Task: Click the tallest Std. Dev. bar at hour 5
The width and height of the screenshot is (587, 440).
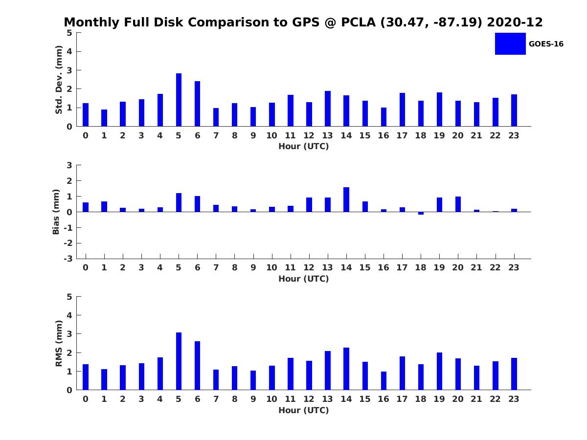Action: tap(179, 100)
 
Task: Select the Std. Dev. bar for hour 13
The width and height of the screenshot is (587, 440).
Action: tap(328, 109)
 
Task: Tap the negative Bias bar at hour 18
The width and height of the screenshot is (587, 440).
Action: tap(421, 213)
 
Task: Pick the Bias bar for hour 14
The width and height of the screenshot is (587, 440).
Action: tap(346, 199)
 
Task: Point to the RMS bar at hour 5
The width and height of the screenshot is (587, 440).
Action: tap(179, 361)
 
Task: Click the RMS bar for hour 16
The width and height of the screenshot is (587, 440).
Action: tap(384, 381)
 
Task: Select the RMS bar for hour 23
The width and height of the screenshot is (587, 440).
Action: tap(514, 374)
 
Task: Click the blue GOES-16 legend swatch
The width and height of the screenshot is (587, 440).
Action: tap(510, 44)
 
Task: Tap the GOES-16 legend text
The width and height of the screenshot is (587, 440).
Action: tap(546, 44)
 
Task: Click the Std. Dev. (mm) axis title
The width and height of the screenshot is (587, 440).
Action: tap(59, 80)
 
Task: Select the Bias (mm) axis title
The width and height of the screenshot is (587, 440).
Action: tap(56, 212)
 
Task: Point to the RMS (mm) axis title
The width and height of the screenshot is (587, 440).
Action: tap(59, 343)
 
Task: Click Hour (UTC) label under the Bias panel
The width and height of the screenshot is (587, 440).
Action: tap(303, 279)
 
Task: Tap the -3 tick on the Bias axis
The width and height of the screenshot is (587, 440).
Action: tap(68, 259)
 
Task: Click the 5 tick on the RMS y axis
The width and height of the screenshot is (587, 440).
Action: tap(69, 297)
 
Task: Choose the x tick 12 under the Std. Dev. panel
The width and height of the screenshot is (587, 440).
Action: tap(309, 135)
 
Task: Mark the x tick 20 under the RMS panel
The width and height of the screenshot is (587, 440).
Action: tap(458, 399)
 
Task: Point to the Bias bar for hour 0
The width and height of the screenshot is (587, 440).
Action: tap(86, 207)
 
